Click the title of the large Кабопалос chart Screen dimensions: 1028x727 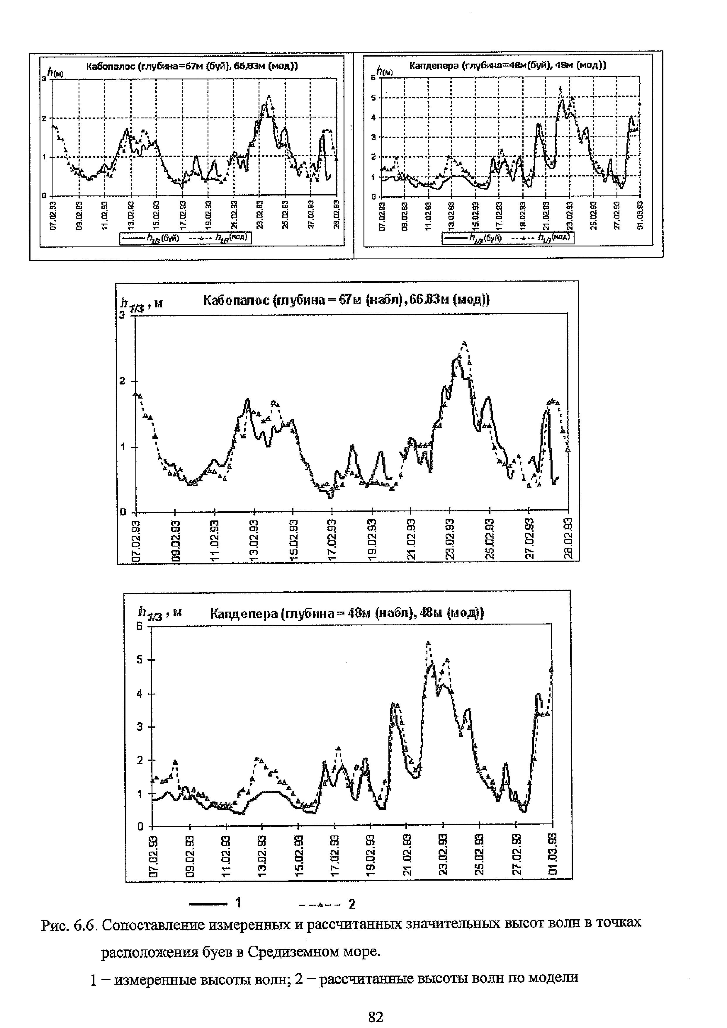tap(346, 300)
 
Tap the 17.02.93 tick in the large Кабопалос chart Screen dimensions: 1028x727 tap(332, 539)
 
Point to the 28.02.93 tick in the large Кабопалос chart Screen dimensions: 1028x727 tap(568, 539)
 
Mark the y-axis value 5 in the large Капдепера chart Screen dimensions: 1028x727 tap(140, 660)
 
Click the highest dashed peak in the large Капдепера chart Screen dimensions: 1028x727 tap(428, 643)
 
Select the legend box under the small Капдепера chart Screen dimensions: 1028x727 tap(507, 238)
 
